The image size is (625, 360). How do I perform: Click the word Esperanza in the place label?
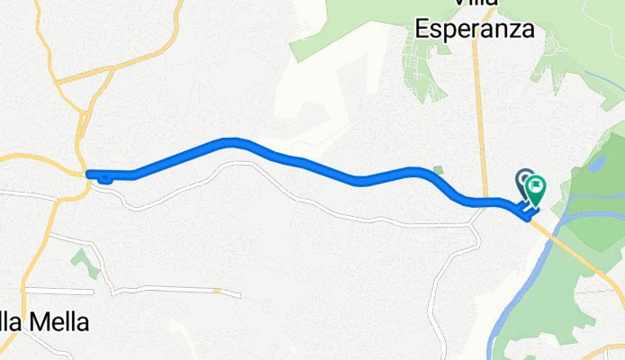tap(475, 29)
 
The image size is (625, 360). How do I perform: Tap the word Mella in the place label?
tap(59, 321)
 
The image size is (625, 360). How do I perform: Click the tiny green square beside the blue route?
tap(438, 170)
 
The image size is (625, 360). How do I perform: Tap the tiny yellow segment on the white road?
tap(218, 291)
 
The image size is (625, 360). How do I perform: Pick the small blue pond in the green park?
tap(595, 165)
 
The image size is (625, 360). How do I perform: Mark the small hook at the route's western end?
tap(104, 177)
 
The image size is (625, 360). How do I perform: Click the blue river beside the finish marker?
tap(576, 216)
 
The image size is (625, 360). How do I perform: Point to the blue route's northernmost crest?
tap(232, 140)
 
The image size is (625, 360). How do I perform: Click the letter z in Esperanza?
tap(513, 29)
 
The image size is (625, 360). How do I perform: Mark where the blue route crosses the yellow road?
tap(486, 202)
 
